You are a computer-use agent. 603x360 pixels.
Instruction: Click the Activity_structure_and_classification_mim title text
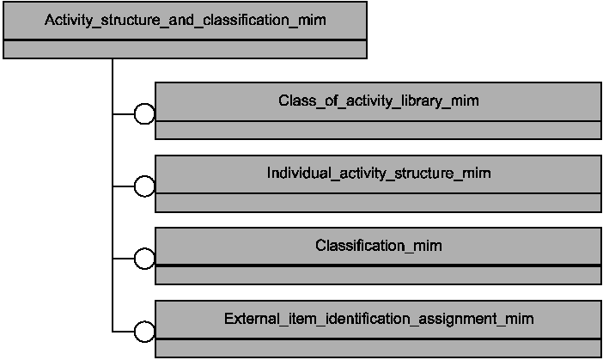point(186,20)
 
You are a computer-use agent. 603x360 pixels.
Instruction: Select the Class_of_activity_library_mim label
point(379,101)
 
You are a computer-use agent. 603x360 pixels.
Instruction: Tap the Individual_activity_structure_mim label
point(379,173)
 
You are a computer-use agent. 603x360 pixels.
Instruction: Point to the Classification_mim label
point(379,246)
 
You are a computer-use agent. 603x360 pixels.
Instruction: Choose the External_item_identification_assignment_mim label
point(379,319)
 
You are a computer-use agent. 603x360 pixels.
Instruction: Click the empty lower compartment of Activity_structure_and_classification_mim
point(185,49)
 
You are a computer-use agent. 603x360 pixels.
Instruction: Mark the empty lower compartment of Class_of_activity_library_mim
point(379,130)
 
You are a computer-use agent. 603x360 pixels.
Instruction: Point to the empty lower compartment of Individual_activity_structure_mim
point(379,203)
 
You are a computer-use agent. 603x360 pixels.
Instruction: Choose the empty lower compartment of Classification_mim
point(379,276)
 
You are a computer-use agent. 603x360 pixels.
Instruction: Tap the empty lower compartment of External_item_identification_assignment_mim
point(379,349)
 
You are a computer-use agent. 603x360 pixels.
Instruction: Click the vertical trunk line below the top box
point(113,195)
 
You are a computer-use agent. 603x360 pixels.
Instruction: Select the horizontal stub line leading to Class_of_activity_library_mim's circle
point(124,114)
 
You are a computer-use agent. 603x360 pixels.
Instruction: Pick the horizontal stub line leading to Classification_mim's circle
point(124,259)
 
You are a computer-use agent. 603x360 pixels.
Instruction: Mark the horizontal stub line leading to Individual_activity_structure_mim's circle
point(124,186)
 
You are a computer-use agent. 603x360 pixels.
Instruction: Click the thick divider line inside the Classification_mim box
point(379,265)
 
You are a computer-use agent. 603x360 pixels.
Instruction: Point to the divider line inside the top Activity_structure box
point(185,40)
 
